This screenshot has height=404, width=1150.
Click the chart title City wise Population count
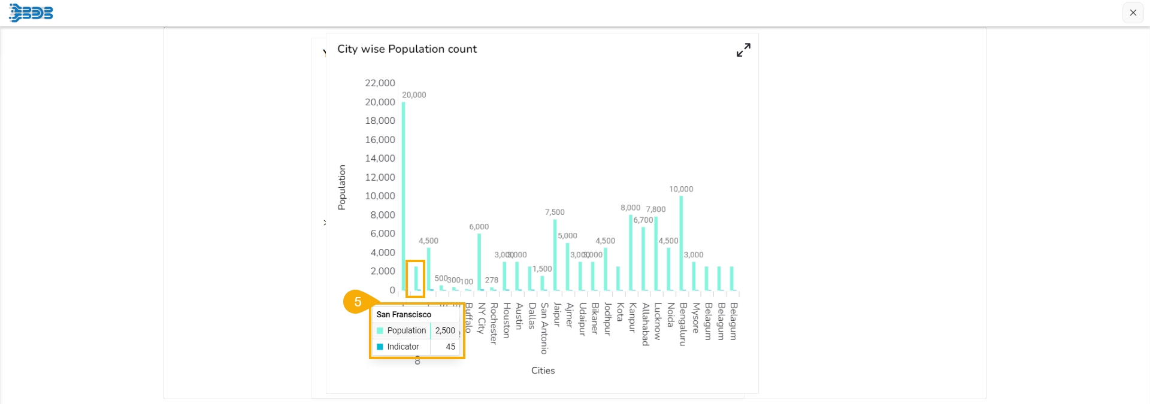tap(407, 49)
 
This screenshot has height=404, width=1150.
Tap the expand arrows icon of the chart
tap(743, 50)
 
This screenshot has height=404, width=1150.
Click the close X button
tap(1133, 13)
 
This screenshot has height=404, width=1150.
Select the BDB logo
tap(31, 13)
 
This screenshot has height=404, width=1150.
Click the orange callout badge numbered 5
tap(358, 302)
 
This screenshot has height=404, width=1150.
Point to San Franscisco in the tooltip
tap(404, 314)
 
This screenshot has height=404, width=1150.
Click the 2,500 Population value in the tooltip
tap(445, 330)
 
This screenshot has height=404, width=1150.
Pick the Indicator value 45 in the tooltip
tap(450, 347)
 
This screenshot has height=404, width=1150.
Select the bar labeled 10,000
tap(681, 243)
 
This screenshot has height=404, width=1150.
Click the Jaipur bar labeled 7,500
tap(555, 255)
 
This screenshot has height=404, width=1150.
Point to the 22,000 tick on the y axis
tap(380, 83)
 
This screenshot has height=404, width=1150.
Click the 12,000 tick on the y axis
tap(380, 177)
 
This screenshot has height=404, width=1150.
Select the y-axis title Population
tap(342, 187)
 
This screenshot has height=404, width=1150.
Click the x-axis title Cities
tap(543, 370)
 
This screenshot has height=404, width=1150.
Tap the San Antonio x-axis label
tap(544, 328)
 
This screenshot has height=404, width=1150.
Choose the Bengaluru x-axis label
tap(683, 324)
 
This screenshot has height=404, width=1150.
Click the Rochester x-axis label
tap(494, 323)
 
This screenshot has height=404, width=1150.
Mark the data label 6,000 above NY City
tap(479, 227)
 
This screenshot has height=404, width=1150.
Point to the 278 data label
tap(491, 280)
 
